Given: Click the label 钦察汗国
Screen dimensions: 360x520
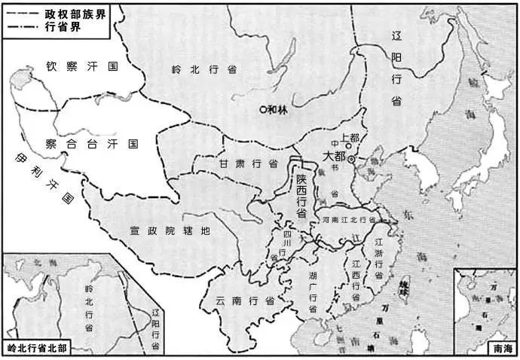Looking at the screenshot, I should (82, 66).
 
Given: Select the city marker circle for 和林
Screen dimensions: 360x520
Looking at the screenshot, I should (262, 109).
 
